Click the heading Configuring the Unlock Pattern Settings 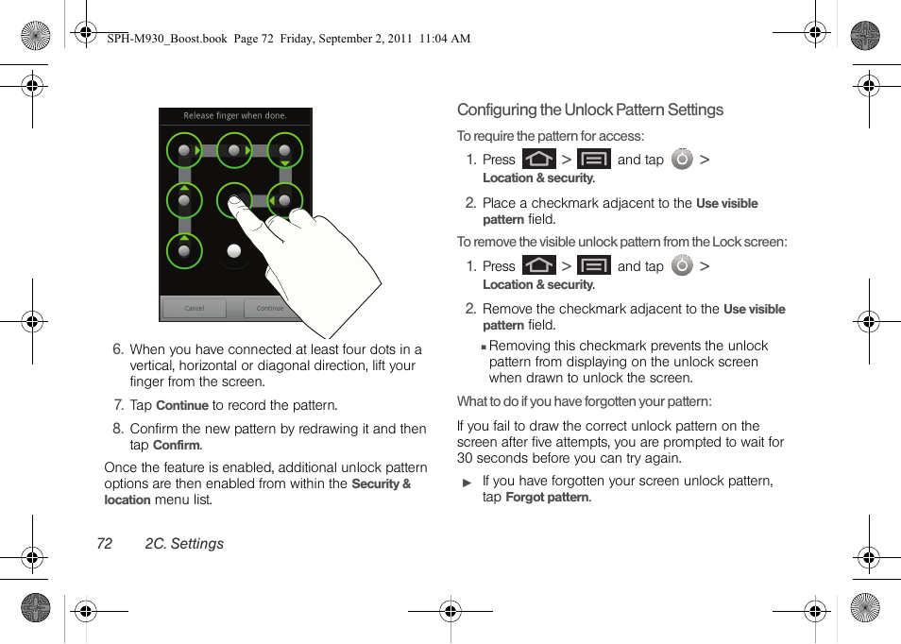590,110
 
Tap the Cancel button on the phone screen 195,308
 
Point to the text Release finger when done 235,116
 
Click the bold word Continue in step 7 181,406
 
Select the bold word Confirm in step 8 177,446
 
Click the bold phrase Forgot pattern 548,498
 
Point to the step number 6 118,349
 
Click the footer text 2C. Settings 184,544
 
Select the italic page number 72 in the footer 104,544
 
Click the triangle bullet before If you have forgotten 467,483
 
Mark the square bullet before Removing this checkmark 484,347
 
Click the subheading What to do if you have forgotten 584,401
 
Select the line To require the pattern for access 551,136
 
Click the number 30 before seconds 466,458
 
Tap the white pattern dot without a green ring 234,251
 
